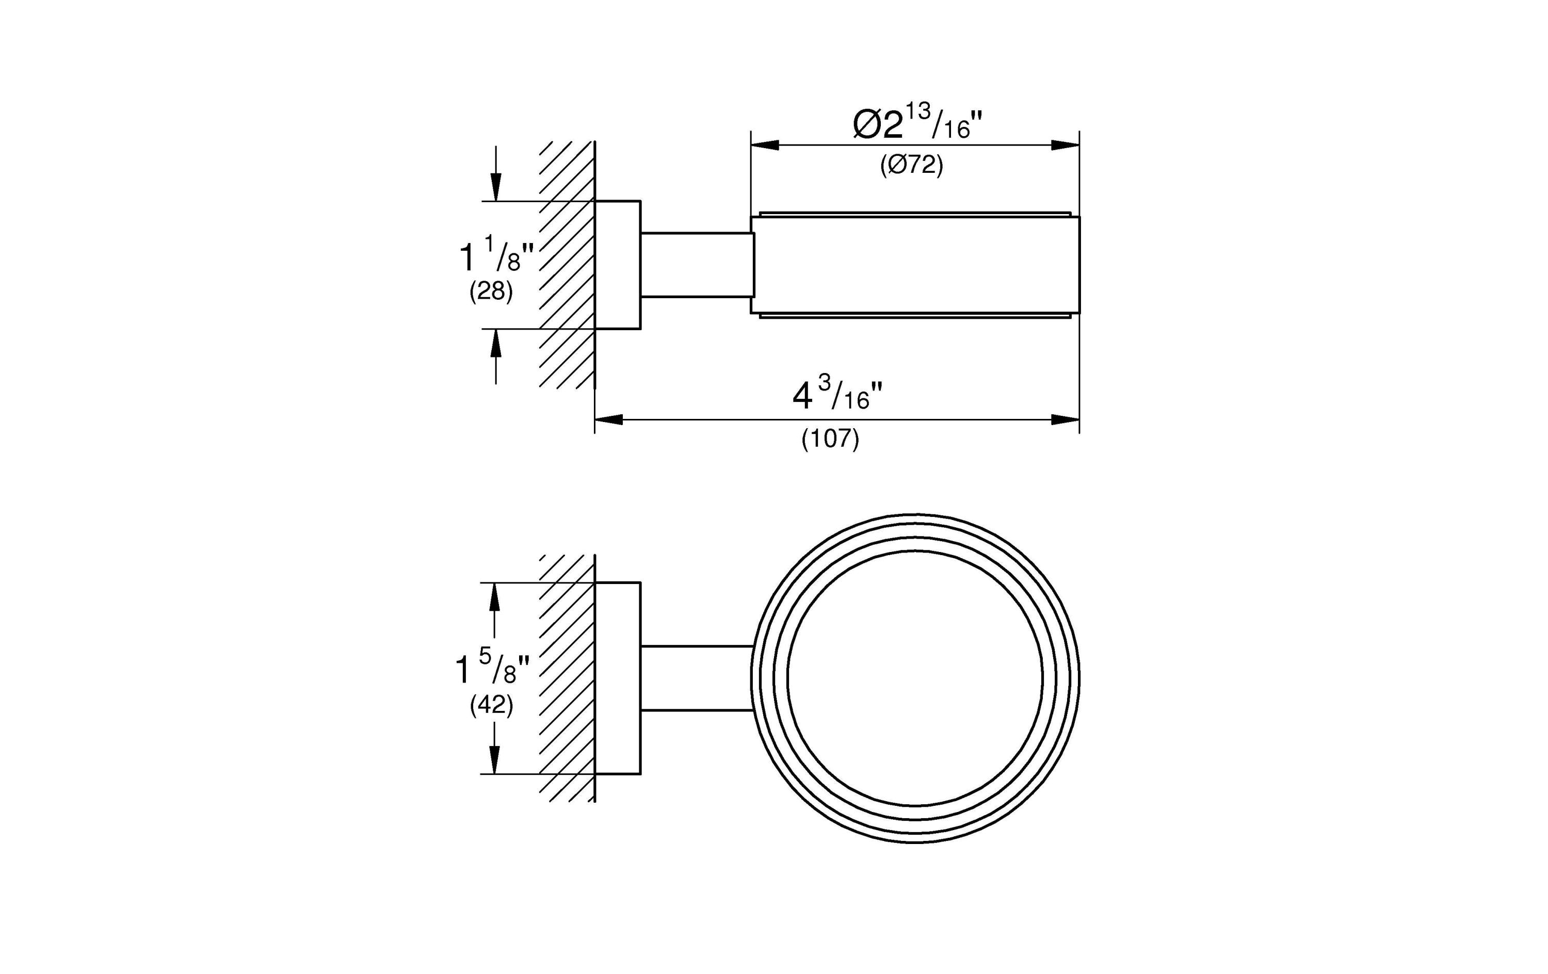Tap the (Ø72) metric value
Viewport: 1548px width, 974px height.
(x=912, y=165)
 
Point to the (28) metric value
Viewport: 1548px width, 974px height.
(x=491, y=292)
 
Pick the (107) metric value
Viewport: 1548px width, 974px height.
(x=830, y=439)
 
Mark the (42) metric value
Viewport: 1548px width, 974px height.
(x=492, y=706)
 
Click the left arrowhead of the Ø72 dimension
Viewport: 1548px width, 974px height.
(x=765, y=145)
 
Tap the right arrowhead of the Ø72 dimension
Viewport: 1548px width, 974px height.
(x=1065, y=145)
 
